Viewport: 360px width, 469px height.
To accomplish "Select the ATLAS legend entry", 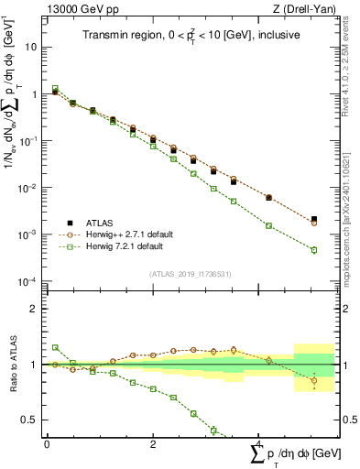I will (x=103, y=222).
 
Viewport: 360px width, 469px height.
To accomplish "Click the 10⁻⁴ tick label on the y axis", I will (x=29, y=281).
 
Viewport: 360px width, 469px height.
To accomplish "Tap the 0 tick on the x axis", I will (x=47, y=444).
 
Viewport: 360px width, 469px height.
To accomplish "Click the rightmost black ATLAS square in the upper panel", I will (x=314, y=219).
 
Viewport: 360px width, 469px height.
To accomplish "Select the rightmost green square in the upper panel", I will (x=314, y=249).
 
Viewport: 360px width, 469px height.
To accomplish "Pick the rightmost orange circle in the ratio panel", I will (x=314, y=380).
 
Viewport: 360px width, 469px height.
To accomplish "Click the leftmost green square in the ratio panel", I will (x=55, y=347).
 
